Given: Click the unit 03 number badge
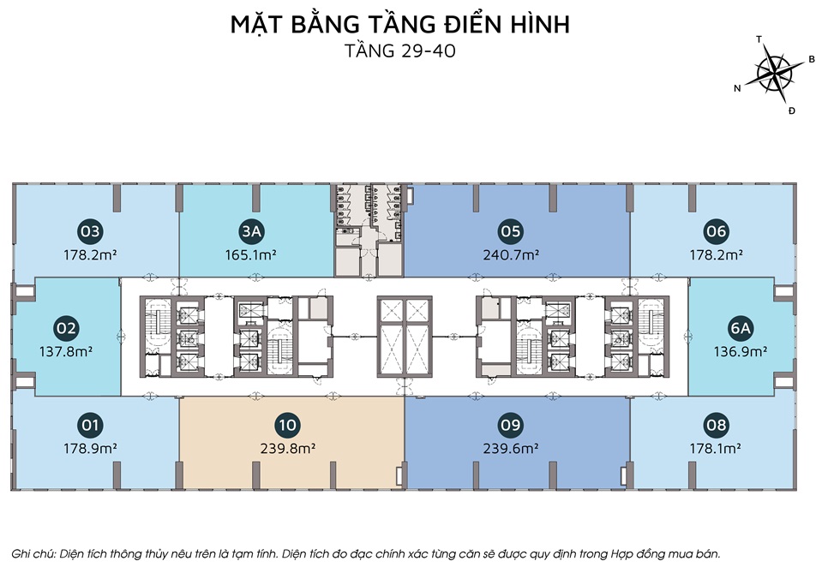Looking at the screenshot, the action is click(90, 231).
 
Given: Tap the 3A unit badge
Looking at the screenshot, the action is click(251, 231).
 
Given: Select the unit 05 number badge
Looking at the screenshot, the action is click(511, 231).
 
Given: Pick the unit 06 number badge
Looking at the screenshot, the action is click(716, 231).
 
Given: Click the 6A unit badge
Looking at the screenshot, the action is click(740, 328).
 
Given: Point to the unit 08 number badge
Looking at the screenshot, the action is click(716, 425).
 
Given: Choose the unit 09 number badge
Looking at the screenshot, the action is click(511, 425).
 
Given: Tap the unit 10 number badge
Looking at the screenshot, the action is click(288, 425).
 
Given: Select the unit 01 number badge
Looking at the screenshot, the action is click(90, 425).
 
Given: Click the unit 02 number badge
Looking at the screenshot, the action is click(66, 328).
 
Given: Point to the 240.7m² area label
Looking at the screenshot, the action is click(511, 255).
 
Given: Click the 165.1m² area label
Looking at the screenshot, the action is click(250, 255).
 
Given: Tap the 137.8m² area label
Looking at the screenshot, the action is click(66, 351).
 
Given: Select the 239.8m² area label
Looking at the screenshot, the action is click(288, 449).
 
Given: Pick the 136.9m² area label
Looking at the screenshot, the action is click(741, 351).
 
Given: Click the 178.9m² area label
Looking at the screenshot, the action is click(90, 449).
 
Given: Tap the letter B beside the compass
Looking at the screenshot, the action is click(812, 59).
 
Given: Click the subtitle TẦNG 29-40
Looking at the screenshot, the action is click(400, 51).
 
